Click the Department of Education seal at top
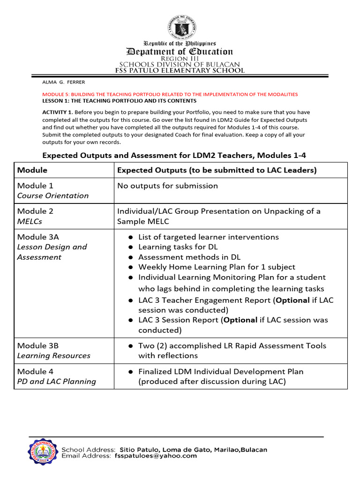(x=180, y=26)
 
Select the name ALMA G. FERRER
(x=64, y=82)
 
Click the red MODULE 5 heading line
(x=170, y=94)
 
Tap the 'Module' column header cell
(x=32, y=170)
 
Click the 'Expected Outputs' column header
(x=217, y=170)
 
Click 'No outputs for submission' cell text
(x=167, y=186)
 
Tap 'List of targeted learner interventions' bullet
(x=208, y=237)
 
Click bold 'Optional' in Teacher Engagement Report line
(x=293, y=300)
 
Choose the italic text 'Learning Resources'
(x=53, y=356)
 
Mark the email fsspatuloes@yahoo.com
(x=158, y=456)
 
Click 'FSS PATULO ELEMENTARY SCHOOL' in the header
(x=180, y=71)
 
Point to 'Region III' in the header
(x=180, y=58)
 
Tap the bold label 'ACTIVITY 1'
(x=57, y=112)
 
